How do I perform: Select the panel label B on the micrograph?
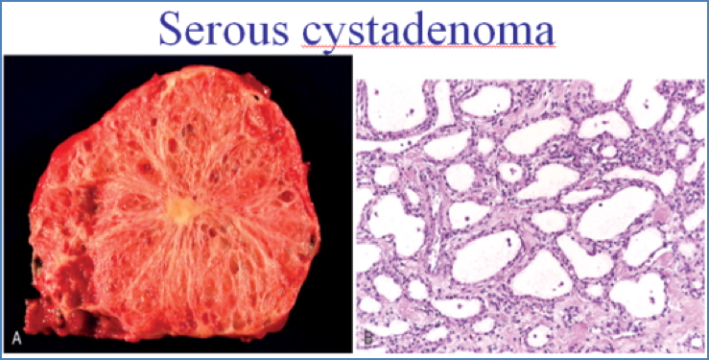(368, 338)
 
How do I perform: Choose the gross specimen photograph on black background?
(177, 203)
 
